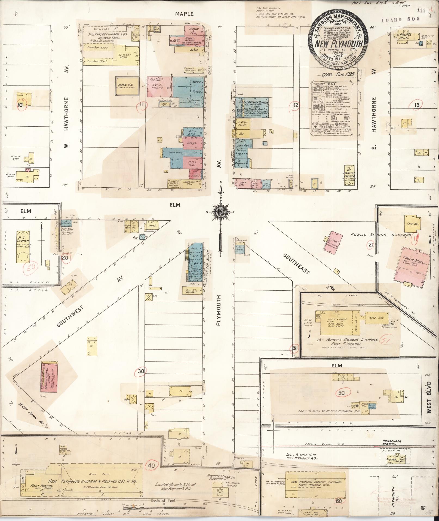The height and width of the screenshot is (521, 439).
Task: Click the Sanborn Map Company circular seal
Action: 338,41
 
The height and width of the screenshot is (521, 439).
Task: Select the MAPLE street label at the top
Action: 184,14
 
